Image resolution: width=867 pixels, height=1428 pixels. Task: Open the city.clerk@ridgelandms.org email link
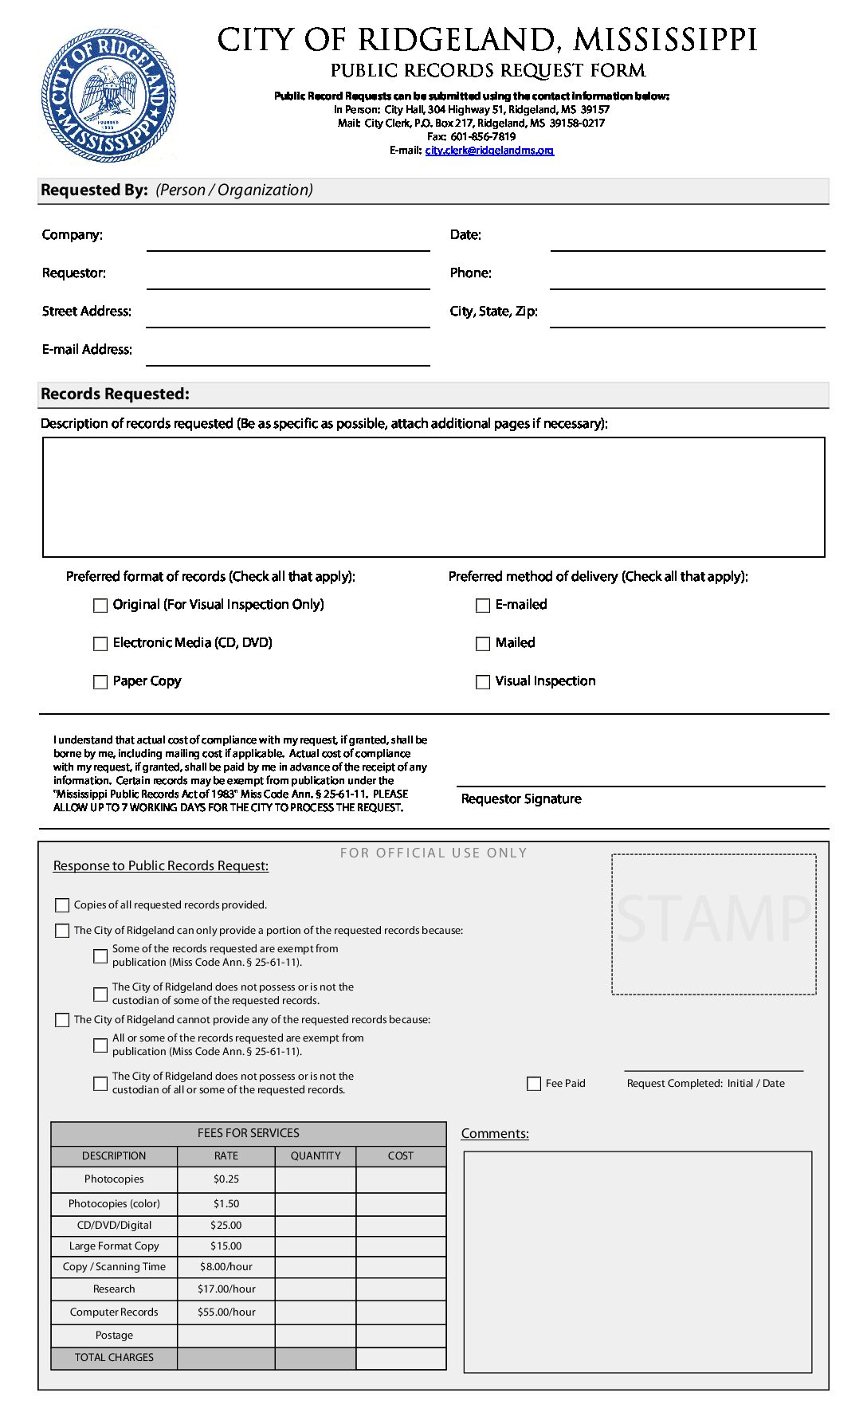point(489,151)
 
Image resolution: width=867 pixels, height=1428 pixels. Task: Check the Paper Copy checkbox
point(100,682)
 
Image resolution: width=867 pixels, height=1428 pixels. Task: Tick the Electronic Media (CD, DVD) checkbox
point(100,644)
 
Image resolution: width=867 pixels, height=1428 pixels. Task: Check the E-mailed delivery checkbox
point(483,606)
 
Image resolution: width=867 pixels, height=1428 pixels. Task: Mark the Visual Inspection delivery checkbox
point(483,682)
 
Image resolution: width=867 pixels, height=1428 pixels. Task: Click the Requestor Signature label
point(521,799)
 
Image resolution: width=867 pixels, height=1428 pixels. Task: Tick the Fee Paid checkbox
point(534,1084)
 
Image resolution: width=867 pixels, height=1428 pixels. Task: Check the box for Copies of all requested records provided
point(62,905)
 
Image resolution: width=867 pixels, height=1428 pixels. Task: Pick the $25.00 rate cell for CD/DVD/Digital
point(226,1226)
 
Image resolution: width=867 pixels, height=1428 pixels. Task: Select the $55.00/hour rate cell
point(226,1312)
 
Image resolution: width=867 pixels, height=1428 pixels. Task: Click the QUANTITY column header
point(316,1156)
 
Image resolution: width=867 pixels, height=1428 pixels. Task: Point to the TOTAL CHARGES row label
point(114,1358)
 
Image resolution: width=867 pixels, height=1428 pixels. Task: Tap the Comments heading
point(495,1134)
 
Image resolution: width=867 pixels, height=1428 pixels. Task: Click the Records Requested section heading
point(115,394)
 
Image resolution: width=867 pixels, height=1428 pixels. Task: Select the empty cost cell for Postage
point(401,1336)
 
